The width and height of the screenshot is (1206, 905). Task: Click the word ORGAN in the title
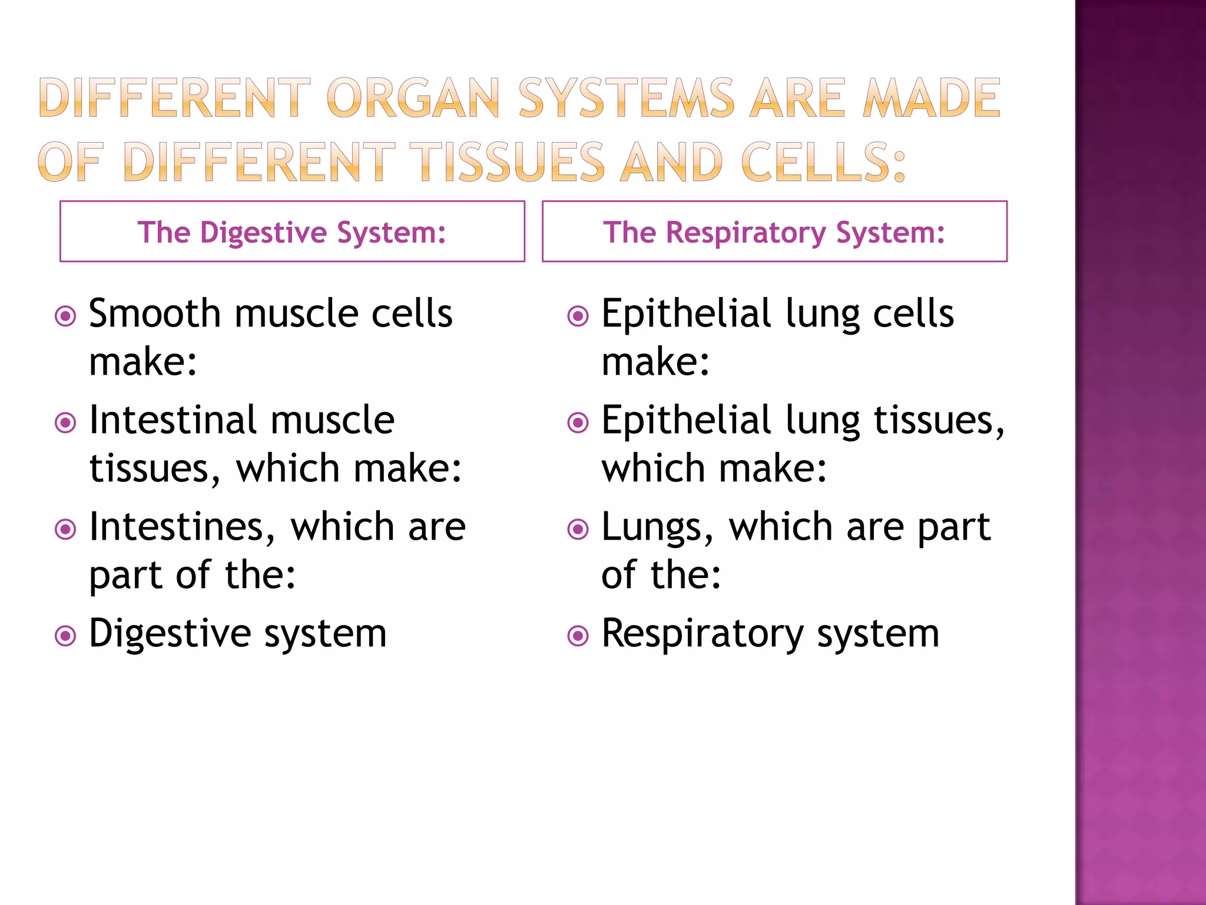pos(412,98)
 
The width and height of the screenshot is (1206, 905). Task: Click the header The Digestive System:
pos(292,232)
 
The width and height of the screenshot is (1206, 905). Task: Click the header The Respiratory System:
pos(774,232)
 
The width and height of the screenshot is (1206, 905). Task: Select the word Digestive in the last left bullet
pos(170,635)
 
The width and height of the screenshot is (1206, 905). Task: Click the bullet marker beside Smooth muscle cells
pos(65,316)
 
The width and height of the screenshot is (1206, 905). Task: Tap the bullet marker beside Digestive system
pos(65,636)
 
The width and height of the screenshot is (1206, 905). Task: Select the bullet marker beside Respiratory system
pos(578,636)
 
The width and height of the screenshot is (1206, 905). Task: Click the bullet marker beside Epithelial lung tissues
pos(578,423)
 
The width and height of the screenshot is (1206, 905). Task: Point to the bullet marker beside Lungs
pos(578,530)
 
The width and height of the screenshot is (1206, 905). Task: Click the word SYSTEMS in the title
pos(626,98)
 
